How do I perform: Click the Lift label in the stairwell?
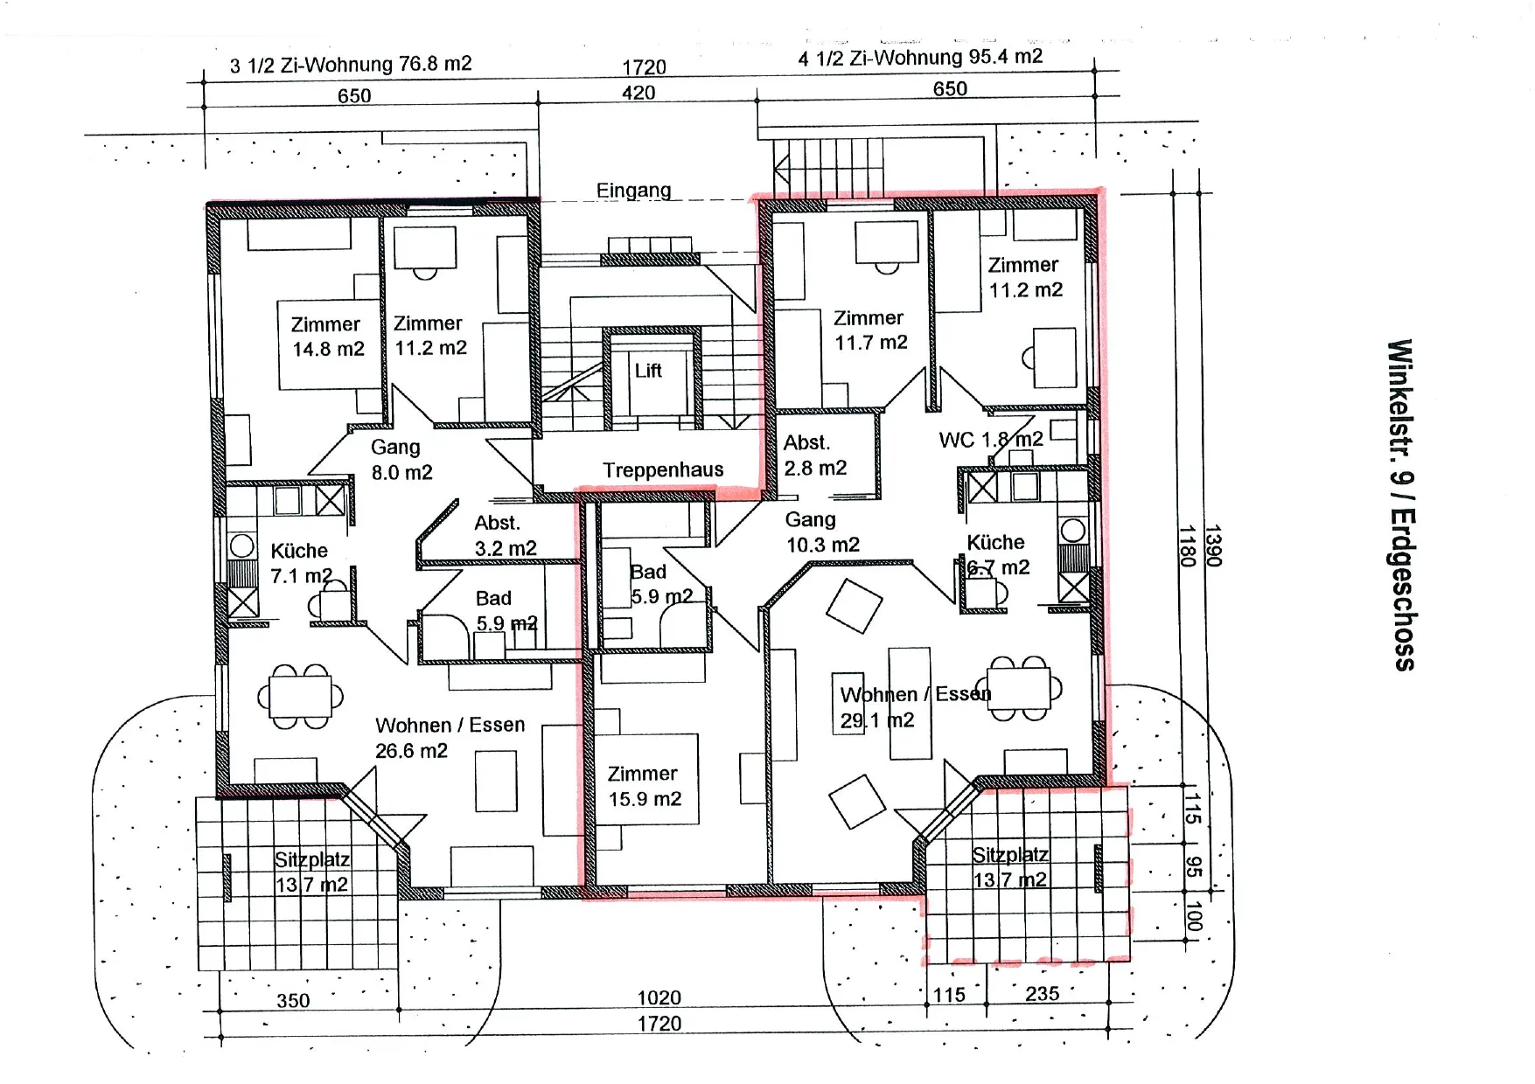tap(648, 371)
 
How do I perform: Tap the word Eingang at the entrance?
tap(634, 191)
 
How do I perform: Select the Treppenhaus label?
tap(663, 470)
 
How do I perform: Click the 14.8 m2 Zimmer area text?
tap(328, 337)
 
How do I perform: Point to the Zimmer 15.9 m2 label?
tap(645, 786)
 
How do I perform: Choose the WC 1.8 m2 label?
tap(991, 440)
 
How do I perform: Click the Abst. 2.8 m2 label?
tap(815, 455)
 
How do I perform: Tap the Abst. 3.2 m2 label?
tap(506, 536)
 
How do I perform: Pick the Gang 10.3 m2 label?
tap(822, 532)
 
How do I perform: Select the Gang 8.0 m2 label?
tap(401, 460)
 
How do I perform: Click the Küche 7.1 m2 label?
tap(301, 563)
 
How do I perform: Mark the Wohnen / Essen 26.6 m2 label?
tap(450, 738)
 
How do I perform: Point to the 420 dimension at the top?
tap(638, 93)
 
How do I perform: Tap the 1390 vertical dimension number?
tap(1212, 545)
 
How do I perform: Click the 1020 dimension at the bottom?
tap(659, 997)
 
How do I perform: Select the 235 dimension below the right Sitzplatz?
tap(1043, 994)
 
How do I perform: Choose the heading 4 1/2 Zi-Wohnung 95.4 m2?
tap(920, 58)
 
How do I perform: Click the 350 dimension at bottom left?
tap(293, 1001)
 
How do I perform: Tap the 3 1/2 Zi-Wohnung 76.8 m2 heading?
tap(351, 65)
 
